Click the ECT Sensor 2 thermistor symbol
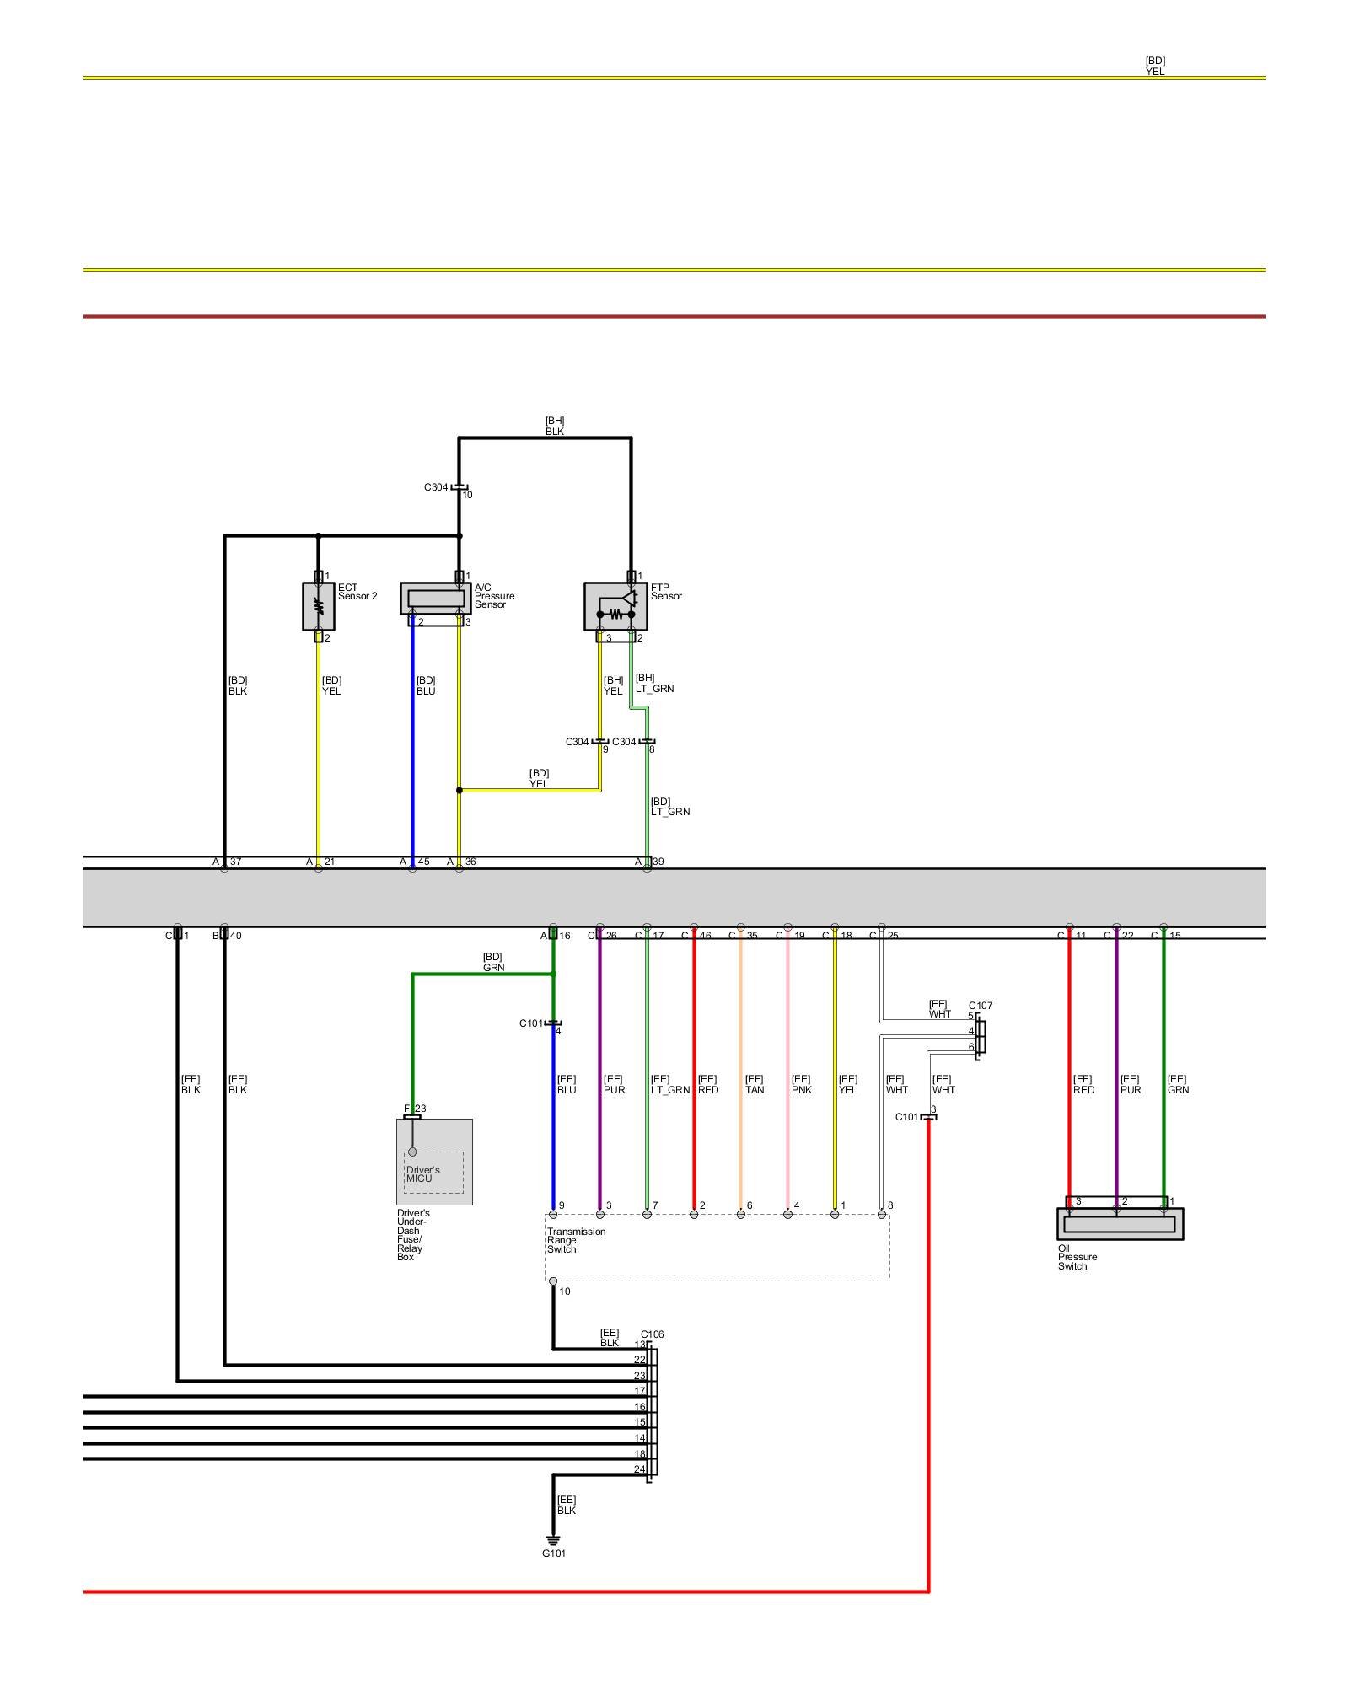[319, 605]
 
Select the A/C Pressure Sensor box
[435, 598]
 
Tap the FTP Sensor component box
[615, 605]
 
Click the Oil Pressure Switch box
[1120, 1224]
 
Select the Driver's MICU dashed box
[433, 1173]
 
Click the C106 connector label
[652, 1334]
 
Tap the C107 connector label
[981, 1006]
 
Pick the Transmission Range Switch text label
[576, 1240]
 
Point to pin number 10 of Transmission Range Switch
[565, 1291]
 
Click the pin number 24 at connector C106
[640, 1469]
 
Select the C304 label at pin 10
[436, 487]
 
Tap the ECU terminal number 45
[423, 862]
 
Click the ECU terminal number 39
[658, 862]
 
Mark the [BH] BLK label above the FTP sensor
[554, 426]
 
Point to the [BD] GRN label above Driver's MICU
[493, 962]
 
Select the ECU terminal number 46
[705, 936]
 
